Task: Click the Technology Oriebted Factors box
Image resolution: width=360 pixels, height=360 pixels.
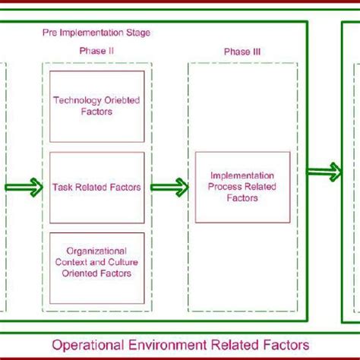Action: coord(96,105)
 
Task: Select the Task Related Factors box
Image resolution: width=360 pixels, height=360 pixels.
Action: coord(96,187)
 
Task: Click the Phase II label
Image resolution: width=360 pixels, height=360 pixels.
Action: coord(96,50)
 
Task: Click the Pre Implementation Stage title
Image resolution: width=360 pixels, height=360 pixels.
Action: coord(96,33)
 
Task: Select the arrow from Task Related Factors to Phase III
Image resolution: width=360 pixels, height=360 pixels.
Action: coord(169,186)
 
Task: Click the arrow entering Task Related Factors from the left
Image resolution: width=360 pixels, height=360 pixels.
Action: coord(27,186)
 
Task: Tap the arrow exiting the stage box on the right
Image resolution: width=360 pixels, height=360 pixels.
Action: coord(324,172)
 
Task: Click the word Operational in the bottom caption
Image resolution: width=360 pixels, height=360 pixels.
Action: coord(86,345)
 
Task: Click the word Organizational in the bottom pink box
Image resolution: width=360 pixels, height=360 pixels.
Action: coord(96,251)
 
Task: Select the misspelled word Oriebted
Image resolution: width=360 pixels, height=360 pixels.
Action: coord(121,99)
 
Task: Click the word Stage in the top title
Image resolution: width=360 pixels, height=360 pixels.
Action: coord(137,33)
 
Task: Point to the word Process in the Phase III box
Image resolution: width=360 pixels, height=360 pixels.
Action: coord(231,187)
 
